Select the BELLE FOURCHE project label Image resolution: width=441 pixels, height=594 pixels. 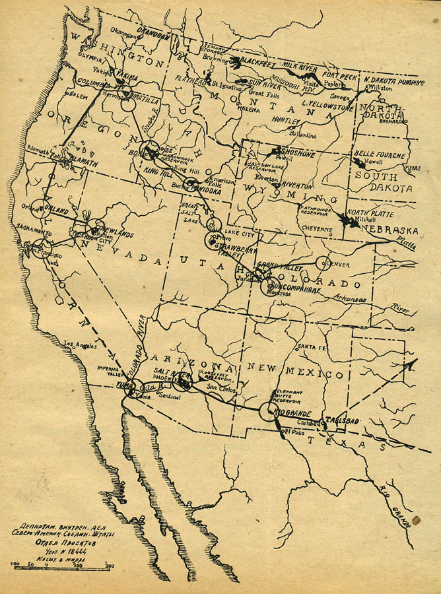click(380, 154)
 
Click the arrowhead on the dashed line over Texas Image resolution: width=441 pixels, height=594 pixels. click(413, 362)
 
